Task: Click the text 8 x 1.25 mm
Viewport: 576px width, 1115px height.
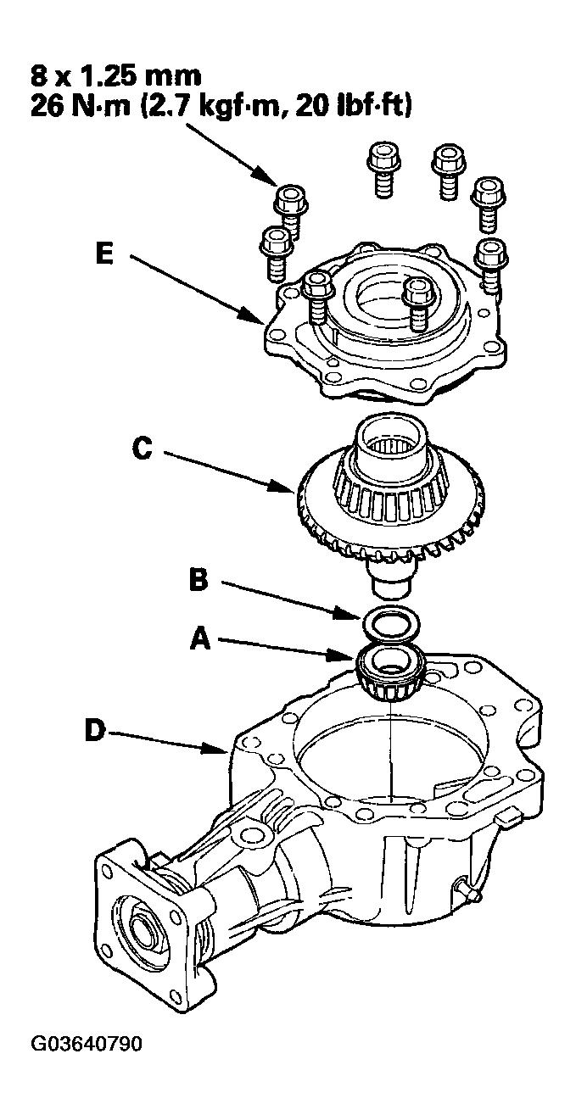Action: pyautogui.click(x=116, y=76)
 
